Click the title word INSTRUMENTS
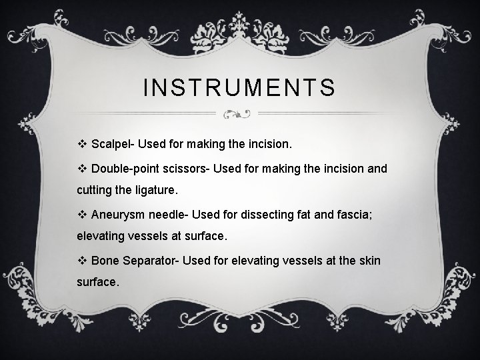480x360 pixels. coord(240,88)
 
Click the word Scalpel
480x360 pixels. coord(111,144)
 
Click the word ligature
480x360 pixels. coord(157,190)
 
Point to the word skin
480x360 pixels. coord(369,260)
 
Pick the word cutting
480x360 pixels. coord(95,190)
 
